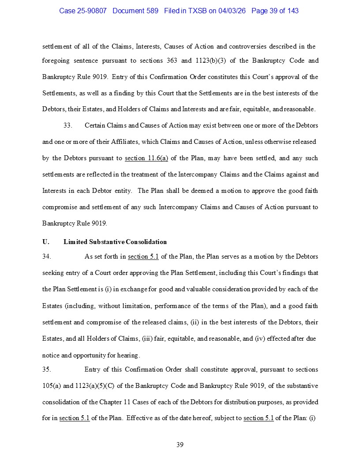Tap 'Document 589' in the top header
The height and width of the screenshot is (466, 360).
pyautogui.click(x=135, y=11)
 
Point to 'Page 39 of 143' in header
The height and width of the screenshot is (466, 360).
pyautogui.click(x=275, y=11)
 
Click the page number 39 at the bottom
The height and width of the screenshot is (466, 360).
pyautogui.click(x=180, y=444)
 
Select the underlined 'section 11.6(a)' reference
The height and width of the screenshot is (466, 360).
pyautogui.click(x=146, y=158)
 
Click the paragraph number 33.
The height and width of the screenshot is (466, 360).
pyautogui.click(x=67, y=125)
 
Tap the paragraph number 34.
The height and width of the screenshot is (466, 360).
pyautogui.click(x=47, y=256)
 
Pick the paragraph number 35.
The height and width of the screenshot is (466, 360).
pyautogui.click(x=47, y=369)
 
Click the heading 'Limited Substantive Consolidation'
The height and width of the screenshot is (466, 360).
pyautogui.click(x=115, y=242)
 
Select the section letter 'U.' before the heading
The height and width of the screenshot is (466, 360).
pyautogui.click(x=45, y=242)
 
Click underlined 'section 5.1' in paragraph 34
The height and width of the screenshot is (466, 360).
pyautogui.click(x=143, y=256)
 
